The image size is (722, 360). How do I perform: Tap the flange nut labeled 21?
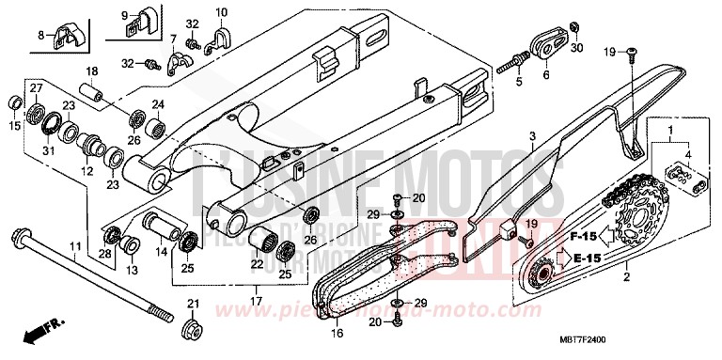194,330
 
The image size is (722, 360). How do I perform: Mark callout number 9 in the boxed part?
123,14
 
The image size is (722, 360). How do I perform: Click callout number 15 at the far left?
14,126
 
